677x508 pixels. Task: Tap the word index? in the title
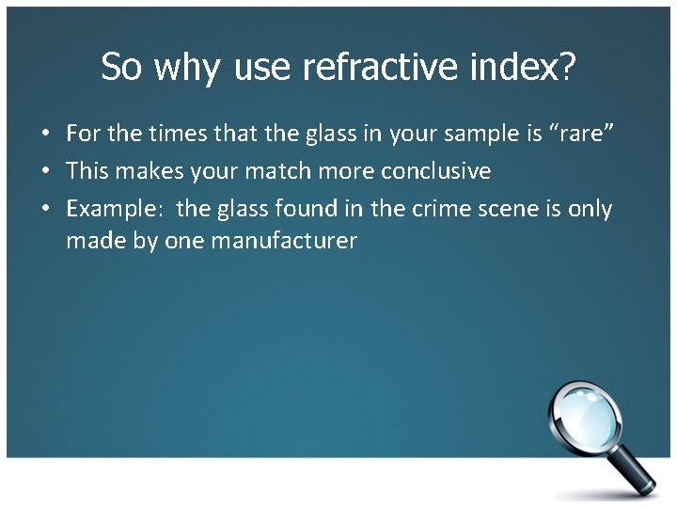pos(526,68)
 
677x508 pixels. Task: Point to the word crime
pos(443,209)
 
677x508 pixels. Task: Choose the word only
pos(590,209)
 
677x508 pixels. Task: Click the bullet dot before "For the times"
pos(45,135)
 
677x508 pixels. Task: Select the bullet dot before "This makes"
pos(45,172)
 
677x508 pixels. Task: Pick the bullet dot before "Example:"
pos(45,210)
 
